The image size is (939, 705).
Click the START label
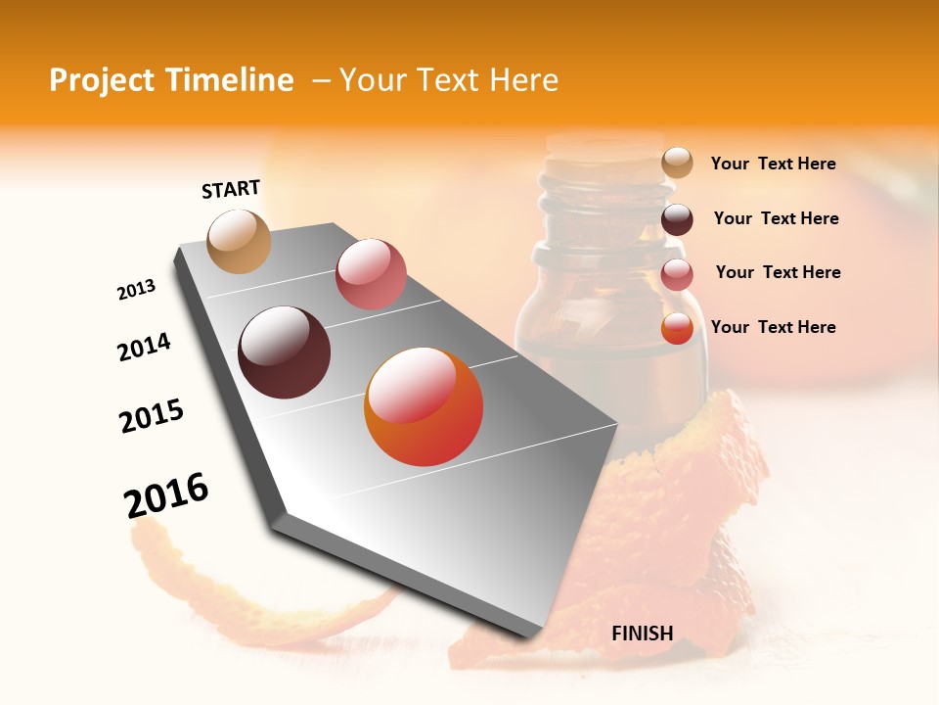tap(231, 189)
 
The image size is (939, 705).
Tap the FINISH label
tap(642, 634)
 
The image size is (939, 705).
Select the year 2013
tap(136, 290)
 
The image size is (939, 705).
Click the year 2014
tap(144, 348)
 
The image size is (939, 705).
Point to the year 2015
tap(152, 416)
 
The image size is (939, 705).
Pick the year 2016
tap(166, 495)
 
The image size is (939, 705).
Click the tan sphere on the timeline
tap(240, 241)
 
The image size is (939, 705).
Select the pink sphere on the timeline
tap(371, 273)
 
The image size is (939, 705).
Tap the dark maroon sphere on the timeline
tap(284, 352)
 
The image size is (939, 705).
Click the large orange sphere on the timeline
tap(424, 406)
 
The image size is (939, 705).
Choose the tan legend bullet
tap(677, 163)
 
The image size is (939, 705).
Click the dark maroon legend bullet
tap(677, 218)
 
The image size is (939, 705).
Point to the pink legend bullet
tap(677, 273)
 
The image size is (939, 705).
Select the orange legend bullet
tap(677, 328)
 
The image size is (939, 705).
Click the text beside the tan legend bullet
tap(773, 164)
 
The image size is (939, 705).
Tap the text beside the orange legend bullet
tap(773, 327)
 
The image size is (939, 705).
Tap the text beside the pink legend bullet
tap(778, 272)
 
